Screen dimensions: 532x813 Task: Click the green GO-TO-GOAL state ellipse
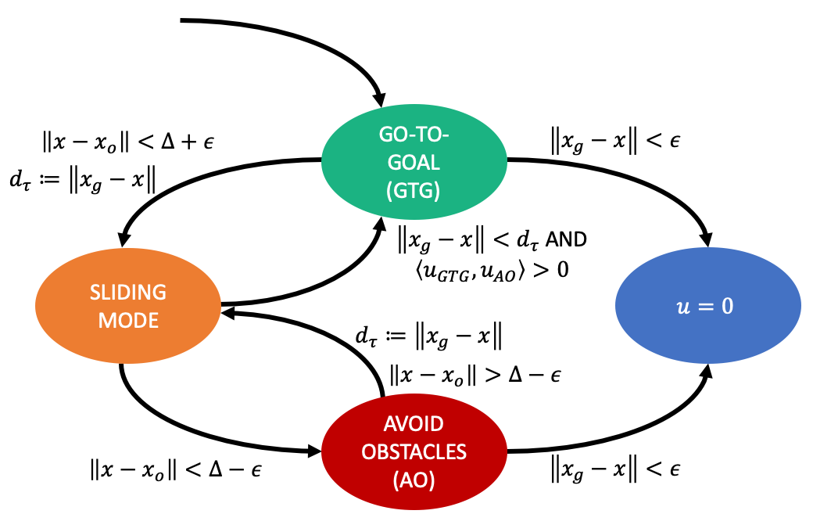(x=414, y=141)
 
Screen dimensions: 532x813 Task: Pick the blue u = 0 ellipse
(x=708, y=306)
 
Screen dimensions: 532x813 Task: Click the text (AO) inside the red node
(x=414, y=479)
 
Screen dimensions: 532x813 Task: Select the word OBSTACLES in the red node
(x=414, y=451)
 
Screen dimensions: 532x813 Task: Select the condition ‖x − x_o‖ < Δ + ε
(x=128, y=142)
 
